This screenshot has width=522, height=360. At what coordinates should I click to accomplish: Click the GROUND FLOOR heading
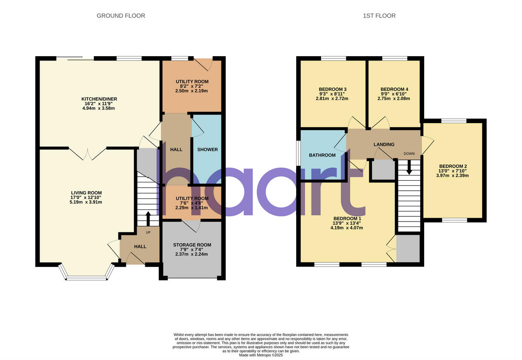click(120, 16)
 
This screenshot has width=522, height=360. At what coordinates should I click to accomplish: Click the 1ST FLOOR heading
click(379, 16)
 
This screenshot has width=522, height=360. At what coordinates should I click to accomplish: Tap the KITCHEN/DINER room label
click(99, 99)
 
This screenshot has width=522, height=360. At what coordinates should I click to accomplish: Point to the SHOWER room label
click(207, 149)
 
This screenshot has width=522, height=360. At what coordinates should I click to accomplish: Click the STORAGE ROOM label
click(191, 245)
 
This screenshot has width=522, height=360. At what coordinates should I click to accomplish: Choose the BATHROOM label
click(322, 155)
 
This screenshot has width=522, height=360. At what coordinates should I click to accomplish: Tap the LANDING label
click(384, 145)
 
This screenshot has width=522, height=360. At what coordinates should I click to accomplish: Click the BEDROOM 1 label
click(347, 218)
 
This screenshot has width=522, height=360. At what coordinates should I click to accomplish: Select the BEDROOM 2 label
click(453, 166)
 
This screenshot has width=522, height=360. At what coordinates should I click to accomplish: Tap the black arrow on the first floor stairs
click(408, 168)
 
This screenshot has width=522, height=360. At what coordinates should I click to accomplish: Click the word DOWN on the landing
click(409, 153)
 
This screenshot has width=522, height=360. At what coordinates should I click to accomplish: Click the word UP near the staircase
click(148, 232)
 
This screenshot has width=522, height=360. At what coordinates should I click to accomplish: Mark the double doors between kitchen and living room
click(87, 153)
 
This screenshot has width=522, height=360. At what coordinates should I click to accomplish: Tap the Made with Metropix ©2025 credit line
click(261, 355)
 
